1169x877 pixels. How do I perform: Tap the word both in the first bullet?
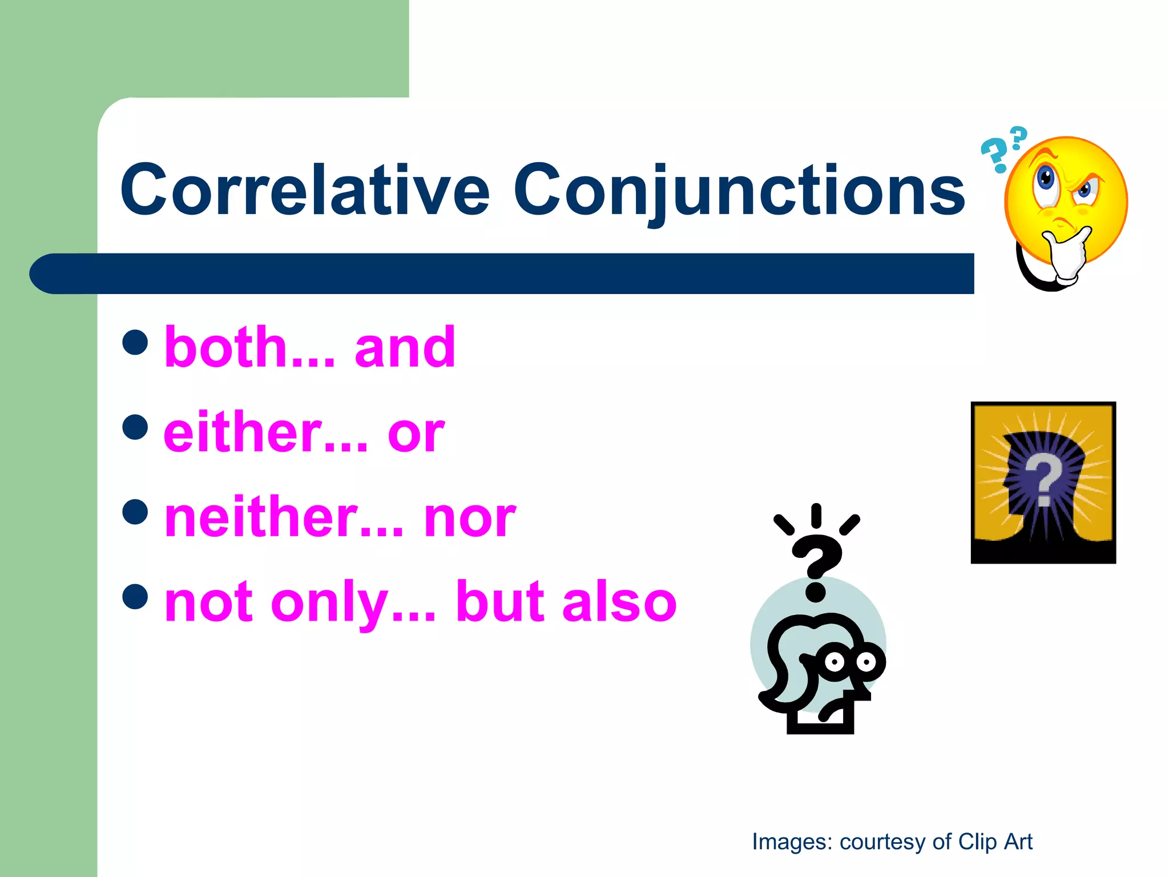tap(226, 347)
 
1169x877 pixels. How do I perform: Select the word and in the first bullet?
tap(405, 347)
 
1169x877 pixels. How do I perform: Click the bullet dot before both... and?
tap(135, 342)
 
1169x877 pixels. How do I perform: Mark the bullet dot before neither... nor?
tap(135, 512)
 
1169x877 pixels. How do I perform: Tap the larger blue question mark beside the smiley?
tap(995, 155)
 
